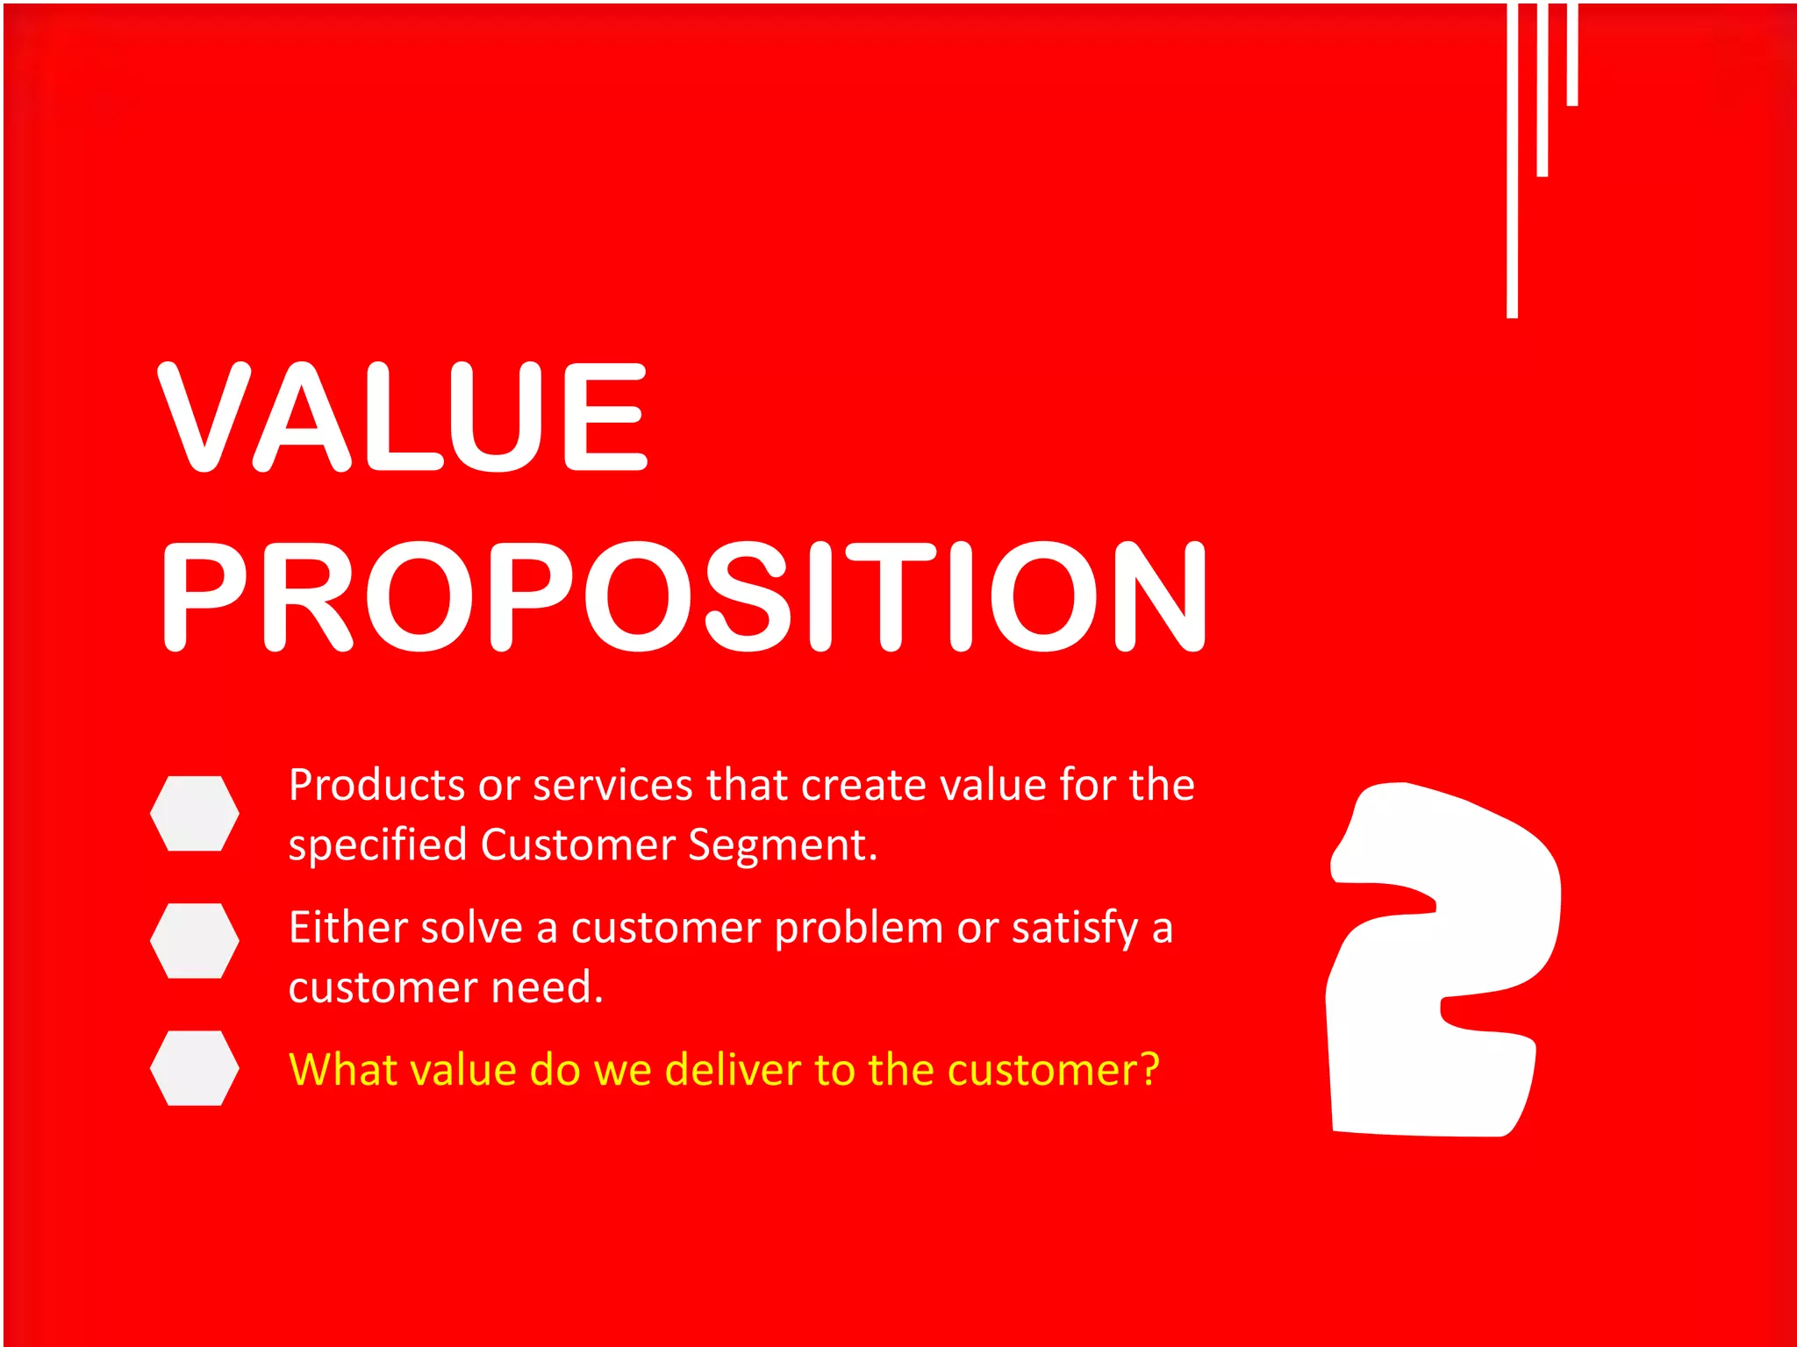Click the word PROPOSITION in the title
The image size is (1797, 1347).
pyautogui.click(x=684, y=597)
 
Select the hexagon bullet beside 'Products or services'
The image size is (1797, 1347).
pyautogui.click(x=194, y=813)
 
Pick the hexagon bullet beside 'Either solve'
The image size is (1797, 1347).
pyautogui.click(x=194, y=940)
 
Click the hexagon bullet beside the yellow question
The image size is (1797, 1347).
pyautogui.click(x=194, y=1067)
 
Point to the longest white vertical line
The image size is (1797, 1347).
pyautogui.click(x=1512, y=158)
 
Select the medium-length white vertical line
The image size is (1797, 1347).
pyautogui.click(x=1542, y=88)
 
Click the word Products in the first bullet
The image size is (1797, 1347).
pyautogui.click(x=376, y=785)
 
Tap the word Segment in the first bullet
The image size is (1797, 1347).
pyautogui.click(x=781, y=845)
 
